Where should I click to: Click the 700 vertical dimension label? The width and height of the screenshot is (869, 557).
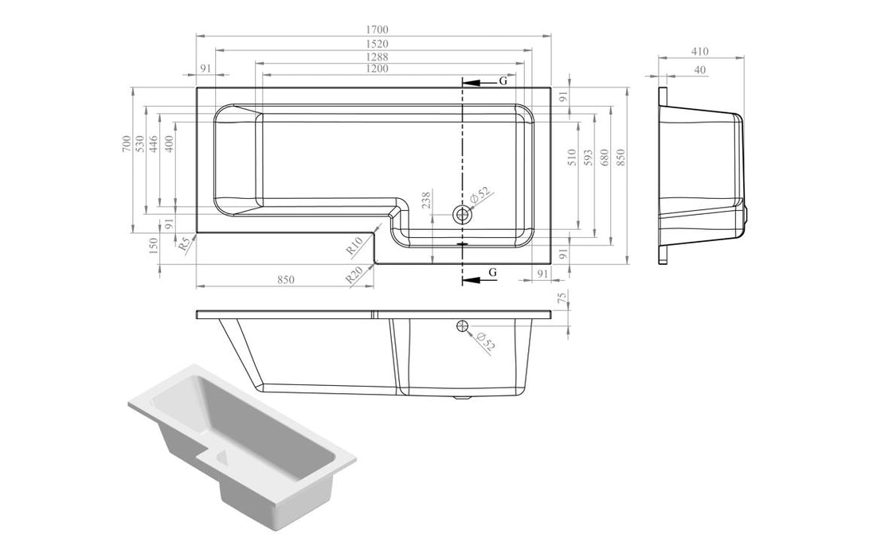pyautogui.click(x=127, y=144)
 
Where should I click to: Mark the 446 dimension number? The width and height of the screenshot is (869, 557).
pyautogui.click(x=154, y=144)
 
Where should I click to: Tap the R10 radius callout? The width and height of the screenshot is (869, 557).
pyautogui.click(x=355, y=246)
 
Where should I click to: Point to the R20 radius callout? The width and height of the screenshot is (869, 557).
pyautogui.click(x=355, y=276)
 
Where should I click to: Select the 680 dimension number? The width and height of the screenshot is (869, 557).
pyautogui.click(x=605, y=158)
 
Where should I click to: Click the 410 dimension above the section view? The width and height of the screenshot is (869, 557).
pyautogui.click(x=699, y=52)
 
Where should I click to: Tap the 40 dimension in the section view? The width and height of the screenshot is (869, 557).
pyautogui.click(x=699, y=70)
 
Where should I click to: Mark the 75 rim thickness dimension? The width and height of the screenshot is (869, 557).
pyautogui.click(x=562, y=298)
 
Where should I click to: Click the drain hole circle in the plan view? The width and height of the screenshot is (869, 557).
pyautogui.click(x=462, y=214)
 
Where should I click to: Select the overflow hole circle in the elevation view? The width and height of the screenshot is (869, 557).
pyautogui.click(x=462, y=325)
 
